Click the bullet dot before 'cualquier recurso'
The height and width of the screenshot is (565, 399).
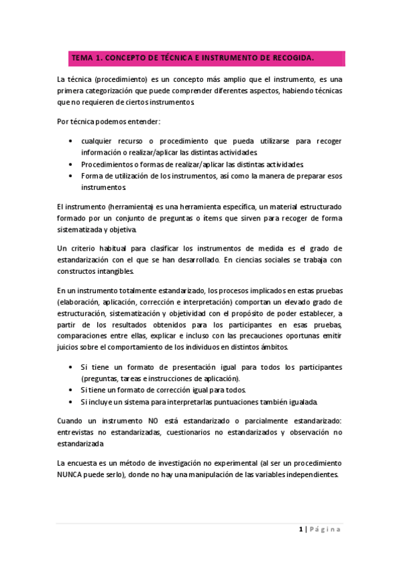tap(71, 141)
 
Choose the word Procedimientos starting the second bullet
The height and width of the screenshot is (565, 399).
tap(108, 163)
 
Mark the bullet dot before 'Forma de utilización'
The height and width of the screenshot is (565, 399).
tap(71, 175)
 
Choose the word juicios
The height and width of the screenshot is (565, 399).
tap(69, 346)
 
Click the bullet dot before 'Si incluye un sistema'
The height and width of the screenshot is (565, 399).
tap(71, 402)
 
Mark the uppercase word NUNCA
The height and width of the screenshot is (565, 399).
tap(73, 474)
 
